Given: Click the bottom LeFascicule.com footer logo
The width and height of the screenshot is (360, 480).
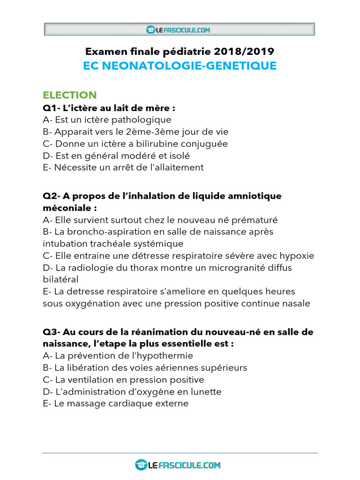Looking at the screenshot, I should [x=178, y=465].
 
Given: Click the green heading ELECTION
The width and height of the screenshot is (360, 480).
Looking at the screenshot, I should [x=69, y=95].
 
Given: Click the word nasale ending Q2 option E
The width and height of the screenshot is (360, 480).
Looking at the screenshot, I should [x=296, y=304].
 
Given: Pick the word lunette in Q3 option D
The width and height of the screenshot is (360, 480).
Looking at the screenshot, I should [x=205, y=391].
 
